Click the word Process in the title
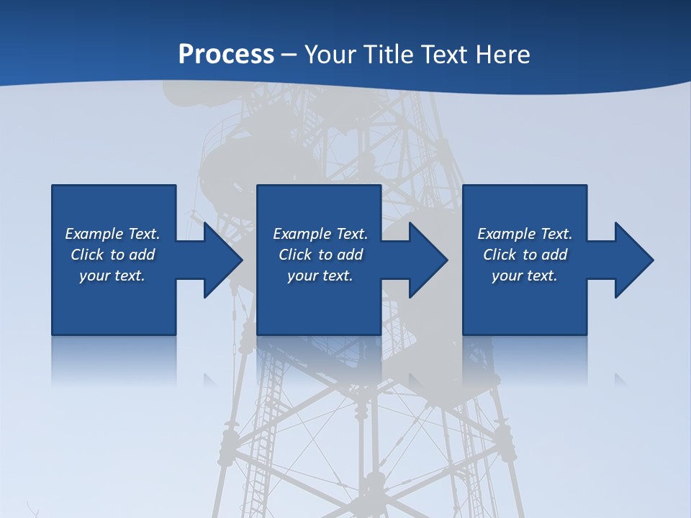(x=226, y=55)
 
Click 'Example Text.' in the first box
(x=112, y=234)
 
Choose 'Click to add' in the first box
(x=112, y=255)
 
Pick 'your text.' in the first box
(x=112, y=276)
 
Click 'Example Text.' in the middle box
(x=320, y=234)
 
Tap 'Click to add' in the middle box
(x=320, y=255)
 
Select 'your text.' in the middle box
(x=320, y=276)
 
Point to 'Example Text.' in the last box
(x=525, y=234)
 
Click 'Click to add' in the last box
(x=525, y=255)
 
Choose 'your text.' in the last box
(x=525, y=276)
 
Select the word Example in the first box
(x=94, y=234)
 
